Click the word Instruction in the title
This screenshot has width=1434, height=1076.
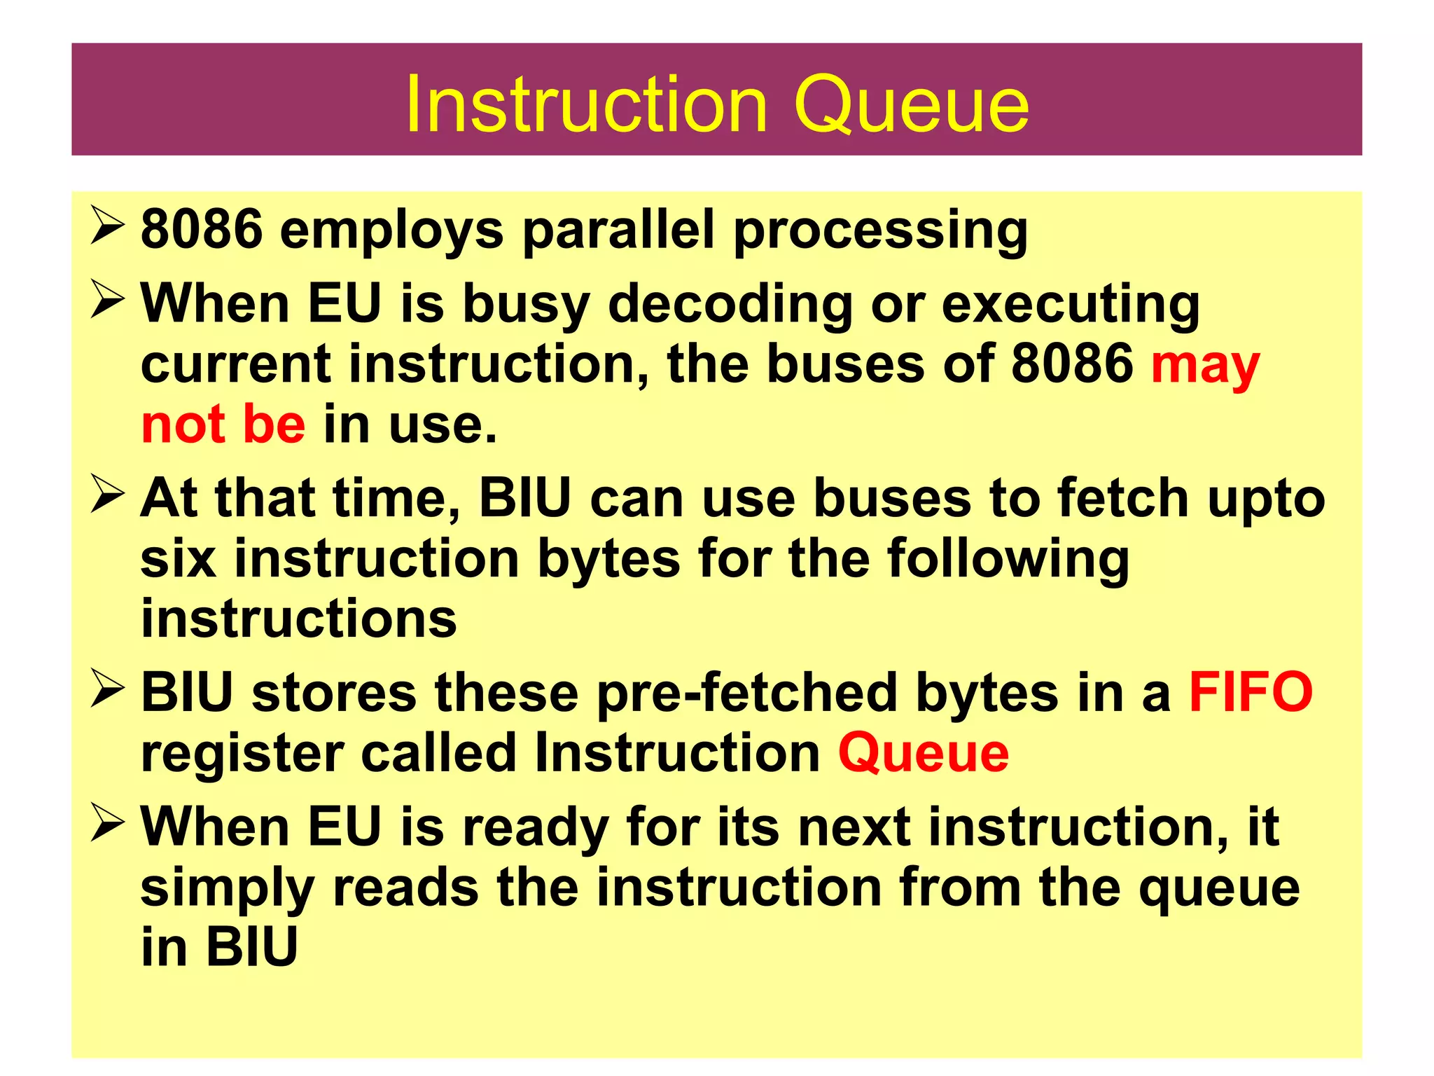click(x=587, y=105)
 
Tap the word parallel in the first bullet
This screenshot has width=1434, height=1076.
click(x=618, y=229)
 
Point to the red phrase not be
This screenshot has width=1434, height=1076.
click(x=223, y=425)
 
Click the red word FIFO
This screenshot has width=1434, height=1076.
click(x=1251, y=692)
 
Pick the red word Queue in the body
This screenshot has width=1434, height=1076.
click(x=923, y=754)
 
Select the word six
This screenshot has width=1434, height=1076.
click(x=178, y=558)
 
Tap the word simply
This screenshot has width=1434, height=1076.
click(x=227, y=888)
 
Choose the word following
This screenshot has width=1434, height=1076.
click(x=1008, y=560)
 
